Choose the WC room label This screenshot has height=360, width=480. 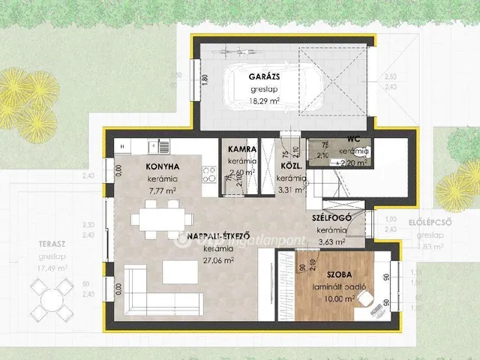pyautogui.click(x=355, y=139)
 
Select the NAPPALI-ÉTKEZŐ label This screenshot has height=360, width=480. pyautogui.click(x=218, y=235)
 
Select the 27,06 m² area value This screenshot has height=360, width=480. pyautogui.click(x=218, y=260)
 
